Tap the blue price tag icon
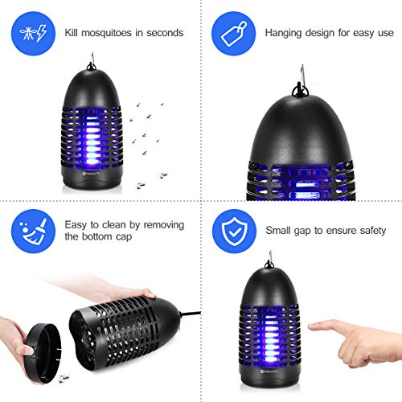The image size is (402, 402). click(x=232, y=32)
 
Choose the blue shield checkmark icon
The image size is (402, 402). click(x=232, y=231)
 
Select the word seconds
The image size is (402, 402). click(x=163, y=33)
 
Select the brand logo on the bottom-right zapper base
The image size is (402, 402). click(x=271, y=373)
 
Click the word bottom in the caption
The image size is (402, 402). click(x=82, y=239)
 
